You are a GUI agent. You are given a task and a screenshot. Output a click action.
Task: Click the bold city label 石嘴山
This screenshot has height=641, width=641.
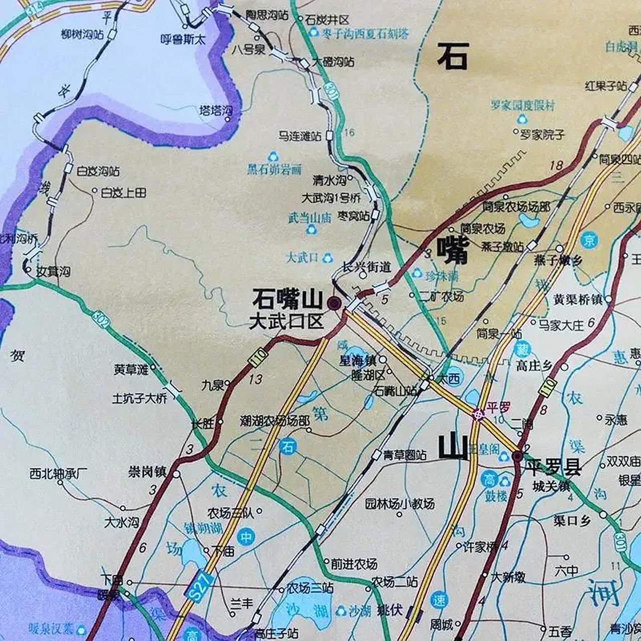pyautogui.click(x=287, y=300)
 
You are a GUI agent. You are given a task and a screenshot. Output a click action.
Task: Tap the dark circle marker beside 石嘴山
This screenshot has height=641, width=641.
pyautogui.click(x=334, y=303)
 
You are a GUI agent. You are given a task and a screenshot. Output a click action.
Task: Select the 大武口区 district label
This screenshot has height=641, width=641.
pyautogui.click(x=286, y=321)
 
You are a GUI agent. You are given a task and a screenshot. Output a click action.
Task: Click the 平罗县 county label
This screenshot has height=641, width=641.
pyautogui.click(x=553, y=468)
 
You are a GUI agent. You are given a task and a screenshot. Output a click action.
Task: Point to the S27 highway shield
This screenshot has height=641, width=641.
pyautogui.click(x=200, y=584)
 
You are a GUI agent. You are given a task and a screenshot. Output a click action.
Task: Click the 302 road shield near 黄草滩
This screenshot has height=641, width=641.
pyautogui.click(x=101, y=319)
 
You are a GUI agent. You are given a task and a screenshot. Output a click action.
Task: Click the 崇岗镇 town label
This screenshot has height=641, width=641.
pyautogui.click(x=147, y=472)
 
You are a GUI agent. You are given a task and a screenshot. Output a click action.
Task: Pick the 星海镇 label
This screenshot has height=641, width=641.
pyautogui.click(x=358, y=360)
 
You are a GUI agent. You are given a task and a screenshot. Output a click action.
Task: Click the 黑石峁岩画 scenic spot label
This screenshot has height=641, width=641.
pyautogui.click(x=274, y=169)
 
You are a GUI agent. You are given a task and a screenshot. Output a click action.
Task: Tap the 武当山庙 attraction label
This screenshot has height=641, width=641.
pyautogui.click(x=309, y=218)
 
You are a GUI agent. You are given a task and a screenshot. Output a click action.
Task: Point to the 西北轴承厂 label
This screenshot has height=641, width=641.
pyautogui.click(x=59, y=473)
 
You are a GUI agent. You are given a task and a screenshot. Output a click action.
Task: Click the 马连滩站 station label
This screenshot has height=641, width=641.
pyautogui.click(x=300, y=135)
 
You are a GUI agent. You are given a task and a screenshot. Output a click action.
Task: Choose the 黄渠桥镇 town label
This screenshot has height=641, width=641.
pyautogui.click(x=578, y=299)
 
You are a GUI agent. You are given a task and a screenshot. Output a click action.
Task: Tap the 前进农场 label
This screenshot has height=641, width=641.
pyautogui.click(x=354, y=564)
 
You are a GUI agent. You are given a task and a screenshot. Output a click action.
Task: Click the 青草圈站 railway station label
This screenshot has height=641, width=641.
pyautogui.click(x=405, y=455)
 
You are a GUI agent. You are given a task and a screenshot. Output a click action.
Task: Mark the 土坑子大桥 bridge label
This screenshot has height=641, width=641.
pyautogui.click(x=139, y=399)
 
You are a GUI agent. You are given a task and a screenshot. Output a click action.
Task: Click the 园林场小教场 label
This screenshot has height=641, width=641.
pyautogui.click(x=400, y=504)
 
